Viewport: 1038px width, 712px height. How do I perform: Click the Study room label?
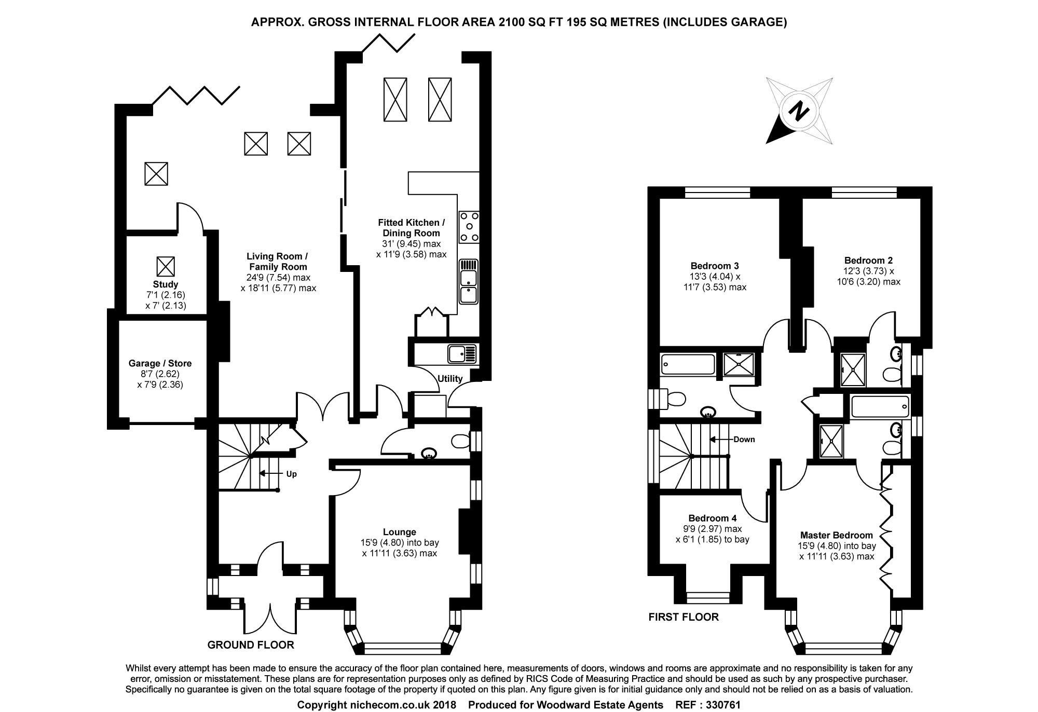click(166, 284)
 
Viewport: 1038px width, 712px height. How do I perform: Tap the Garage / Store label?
click(160, 363)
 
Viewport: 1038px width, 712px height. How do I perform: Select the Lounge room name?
click(400, 532)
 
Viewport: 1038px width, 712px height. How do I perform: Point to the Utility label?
click(450, 378)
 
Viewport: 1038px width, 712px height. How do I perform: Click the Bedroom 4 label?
click(713, 518)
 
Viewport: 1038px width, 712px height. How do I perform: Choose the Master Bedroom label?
click(837, 535)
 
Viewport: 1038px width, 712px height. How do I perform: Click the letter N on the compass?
click(799, 111)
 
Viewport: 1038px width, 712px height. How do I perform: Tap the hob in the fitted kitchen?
click(469, 227)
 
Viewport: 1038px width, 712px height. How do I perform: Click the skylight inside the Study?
click(166, 267)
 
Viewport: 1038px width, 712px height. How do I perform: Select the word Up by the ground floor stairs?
click(291, 474)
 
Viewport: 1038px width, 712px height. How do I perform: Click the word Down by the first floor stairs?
click(744, 440)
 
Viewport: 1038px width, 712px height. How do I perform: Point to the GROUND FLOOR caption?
click(251, 645)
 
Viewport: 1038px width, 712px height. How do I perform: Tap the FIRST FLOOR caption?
click(684, 617)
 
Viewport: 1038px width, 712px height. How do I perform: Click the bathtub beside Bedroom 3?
click(688, 365)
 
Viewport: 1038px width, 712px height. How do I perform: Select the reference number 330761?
click(722, 705)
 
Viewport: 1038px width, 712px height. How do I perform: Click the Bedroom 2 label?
click(868, 261)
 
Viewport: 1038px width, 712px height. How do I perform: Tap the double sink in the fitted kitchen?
click(469, 282)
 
